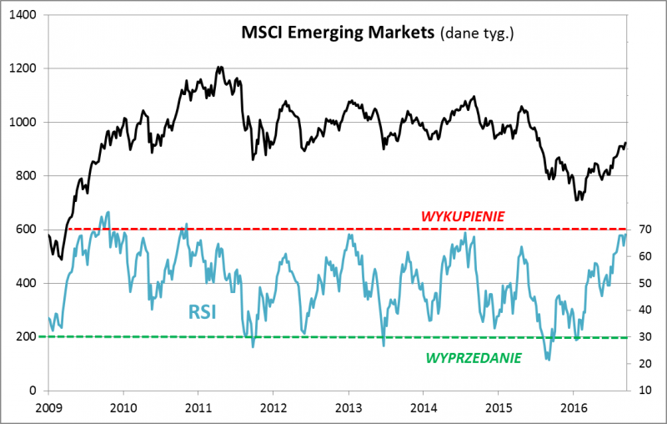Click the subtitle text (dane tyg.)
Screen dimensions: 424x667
478,34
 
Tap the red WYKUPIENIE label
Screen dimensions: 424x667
463,217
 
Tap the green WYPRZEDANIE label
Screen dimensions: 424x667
474,357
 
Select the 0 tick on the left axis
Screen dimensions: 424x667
32,391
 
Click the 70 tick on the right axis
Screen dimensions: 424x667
644,230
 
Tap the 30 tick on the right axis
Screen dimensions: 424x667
644,337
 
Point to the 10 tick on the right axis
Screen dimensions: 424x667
644,391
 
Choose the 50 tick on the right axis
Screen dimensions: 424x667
644,283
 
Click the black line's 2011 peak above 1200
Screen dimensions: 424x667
219,68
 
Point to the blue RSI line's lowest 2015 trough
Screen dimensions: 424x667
548,360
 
